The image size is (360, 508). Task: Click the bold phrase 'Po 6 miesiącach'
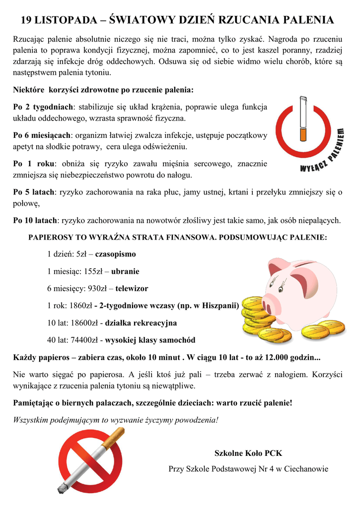[x=42, y=135]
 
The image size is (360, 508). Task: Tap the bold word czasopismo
[x=115, y=254]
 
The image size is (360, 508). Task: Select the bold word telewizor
[x=132, y=288]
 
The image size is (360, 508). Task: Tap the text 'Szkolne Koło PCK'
[x=248, y=453]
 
